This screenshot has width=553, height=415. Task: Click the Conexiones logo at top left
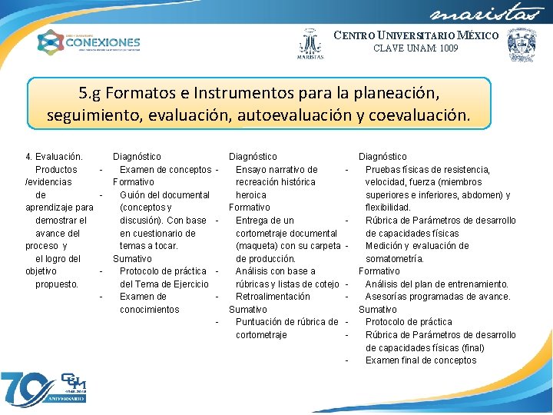pos(89,41)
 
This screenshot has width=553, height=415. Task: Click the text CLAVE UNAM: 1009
pos(416,48)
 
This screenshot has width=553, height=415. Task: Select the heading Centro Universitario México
pos(416,35)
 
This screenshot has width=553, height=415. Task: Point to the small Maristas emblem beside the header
pos(310,45)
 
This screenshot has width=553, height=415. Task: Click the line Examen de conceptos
pos(165,170)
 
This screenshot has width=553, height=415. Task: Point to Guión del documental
pos(164,195)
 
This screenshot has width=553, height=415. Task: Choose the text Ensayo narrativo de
pos(276,170)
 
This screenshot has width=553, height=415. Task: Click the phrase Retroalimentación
pos(273,297)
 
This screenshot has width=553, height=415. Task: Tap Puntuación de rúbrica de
pos(286,322)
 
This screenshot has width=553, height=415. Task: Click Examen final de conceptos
pos(421,360)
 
